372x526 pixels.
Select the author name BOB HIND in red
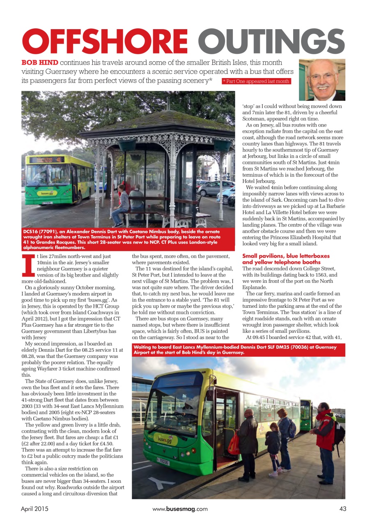tap(39, 63)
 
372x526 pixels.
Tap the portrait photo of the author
tap(322, 80)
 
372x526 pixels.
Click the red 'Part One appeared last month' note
tap(256, 81)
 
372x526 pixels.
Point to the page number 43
tap(343, 509)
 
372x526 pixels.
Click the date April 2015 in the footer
tap(34, 509)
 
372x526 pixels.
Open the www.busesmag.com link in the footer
tap(180, 509)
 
